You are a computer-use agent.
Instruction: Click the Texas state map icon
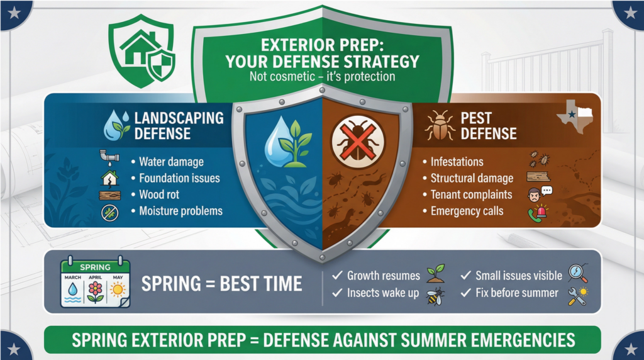tap(576, 116)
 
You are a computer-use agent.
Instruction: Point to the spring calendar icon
tap(96, 282)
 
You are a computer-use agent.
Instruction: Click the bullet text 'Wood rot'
tap(159, 194)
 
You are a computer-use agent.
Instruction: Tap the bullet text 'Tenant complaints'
tap(471, 194)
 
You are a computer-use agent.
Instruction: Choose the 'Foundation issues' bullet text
tap(179, 178)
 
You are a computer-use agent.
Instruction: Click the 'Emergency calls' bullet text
tap(467, 211)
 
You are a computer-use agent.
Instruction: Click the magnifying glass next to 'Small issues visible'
tap(579, 273)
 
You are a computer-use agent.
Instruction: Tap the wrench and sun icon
tap(579, 296)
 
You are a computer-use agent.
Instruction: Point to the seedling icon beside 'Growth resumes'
tap(435, 273)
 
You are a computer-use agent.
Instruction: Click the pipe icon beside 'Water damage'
tap(109, 157)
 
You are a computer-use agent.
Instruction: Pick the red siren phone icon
tap(538, 213)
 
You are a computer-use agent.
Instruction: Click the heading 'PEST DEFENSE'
tap(488, 126)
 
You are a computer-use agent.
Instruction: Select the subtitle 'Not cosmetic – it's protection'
tap(323, 76)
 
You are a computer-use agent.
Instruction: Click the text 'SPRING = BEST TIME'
tap(222, 284)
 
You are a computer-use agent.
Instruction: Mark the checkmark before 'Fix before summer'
tap(466, 292)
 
